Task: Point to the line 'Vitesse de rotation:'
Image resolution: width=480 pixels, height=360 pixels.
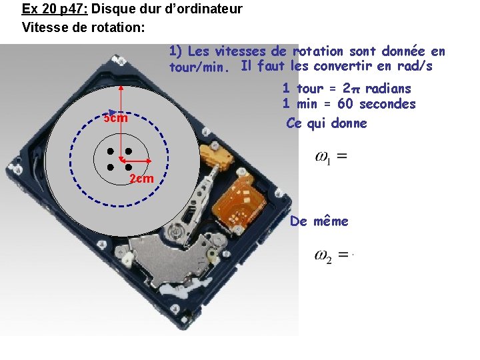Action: pyautogui.click(x=83, y=28)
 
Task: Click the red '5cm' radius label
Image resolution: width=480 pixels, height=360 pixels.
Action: pyautogui.click(x=115, y=119)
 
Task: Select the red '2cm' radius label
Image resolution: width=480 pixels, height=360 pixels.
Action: pyautogui.click(x=141, y=179)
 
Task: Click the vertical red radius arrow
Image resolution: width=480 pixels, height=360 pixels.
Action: pyautogui.click(x=121, y=123)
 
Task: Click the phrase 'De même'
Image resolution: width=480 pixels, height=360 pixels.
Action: pyautogui.click(x=319, y=221)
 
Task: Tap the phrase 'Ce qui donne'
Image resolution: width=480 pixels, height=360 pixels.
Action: pyautogui.click(x=326, y=123)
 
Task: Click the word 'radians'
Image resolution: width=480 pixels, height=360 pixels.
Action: pyautogui.click(x=388, y=89)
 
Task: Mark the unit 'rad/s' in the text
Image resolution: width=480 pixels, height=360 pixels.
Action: pyautogui.click(x=415, y=66)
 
